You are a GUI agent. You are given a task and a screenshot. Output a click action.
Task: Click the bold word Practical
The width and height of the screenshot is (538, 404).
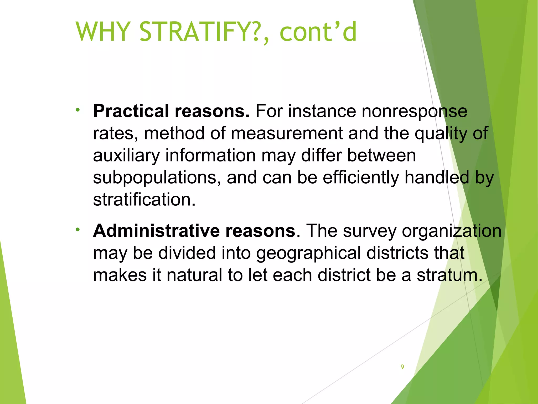click(131, 111)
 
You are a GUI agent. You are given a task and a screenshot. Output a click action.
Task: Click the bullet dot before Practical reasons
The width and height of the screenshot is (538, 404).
click(77, 110)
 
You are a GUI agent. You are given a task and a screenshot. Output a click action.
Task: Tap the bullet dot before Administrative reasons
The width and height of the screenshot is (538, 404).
click(77, 230)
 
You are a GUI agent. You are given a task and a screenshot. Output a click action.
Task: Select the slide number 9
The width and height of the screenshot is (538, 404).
click(402, 367)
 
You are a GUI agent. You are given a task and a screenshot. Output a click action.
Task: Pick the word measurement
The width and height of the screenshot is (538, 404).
click(287, 133)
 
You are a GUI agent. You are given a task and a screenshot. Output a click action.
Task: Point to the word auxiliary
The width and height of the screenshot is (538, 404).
click(126, 155)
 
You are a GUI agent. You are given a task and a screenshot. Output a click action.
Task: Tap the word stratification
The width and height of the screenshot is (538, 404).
click(144, 199)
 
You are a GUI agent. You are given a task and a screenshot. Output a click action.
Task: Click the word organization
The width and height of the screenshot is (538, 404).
click(452, 231)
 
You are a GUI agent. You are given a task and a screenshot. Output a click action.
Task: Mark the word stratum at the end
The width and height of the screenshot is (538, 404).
click(449, 275)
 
